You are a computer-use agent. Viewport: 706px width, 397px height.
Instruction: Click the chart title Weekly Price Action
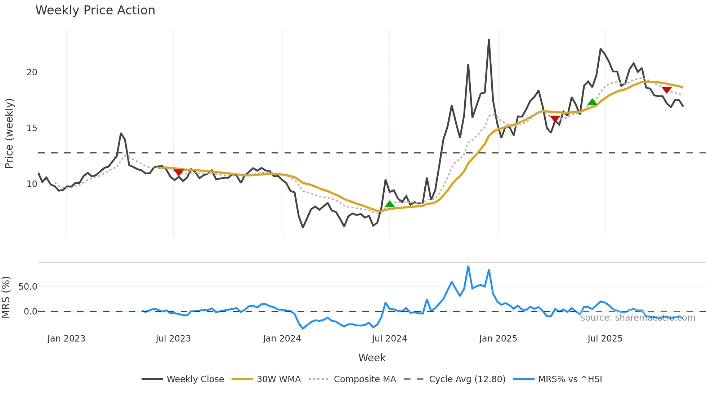(x=95, y=10)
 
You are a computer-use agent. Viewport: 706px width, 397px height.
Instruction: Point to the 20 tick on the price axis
(x=32, y=72)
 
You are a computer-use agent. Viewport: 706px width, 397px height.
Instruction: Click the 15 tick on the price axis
(x=32, y=128)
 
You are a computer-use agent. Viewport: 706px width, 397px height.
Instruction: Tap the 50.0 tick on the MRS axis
(x=28, y=287)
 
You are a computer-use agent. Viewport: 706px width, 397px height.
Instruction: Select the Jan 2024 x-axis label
(x=282, y=339)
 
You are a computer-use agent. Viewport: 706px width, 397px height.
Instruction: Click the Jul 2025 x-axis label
(x=605, y=339)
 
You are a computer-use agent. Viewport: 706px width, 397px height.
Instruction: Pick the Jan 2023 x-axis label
(x=66, y=339)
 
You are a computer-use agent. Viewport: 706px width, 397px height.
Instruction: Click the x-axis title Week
(x=372, y=358)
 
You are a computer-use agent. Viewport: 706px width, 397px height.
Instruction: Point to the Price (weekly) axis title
(x=9, y=133)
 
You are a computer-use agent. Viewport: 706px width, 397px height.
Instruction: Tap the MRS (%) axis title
(x=6, y=297)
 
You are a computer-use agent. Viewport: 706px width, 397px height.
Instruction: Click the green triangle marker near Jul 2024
(x=389, y=204)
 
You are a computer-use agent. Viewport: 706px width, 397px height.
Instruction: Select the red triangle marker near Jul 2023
(x=179, y=172)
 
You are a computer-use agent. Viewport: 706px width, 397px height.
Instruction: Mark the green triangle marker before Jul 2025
(x=592, y=102)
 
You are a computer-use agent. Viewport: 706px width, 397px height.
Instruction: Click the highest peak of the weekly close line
(x=489, y=40)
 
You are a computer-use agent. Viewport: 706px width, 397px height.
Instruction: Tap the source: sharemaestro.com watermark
(x=638, y=318)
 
